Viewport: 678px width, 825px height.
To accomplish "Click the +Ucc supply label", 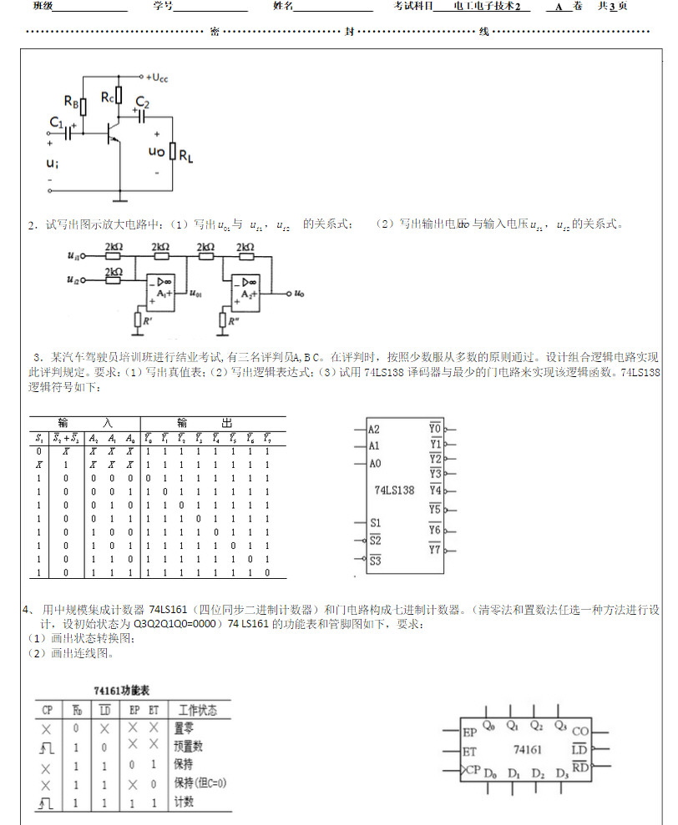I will (x=156, y=77).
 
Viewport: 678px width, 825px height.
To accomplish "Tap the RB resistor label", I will (x=72, y=104).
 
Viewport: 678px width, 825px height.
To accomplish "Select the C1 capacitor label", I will (x=56, y=123).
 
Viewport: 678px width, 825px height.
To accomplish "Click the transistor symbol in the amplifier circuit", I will (x=111, y=134).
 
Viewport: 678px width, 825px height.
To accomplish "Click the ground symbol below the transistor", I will (x=122, y=199).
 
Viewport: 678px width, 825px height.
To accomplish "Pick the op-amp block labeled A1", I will (x=160, y=288).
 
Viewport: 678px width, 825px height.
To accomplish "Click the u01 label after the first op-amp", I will (x=195, y=294).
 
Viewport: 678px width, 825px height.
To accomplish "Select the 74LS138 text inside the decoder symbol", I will (x=395, y=490).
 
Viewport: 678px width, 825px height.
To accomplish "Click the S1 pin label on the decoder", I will (x=375, y=523).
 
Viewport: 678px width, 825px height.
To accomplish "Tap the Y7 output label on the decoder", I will (x=434, y=549).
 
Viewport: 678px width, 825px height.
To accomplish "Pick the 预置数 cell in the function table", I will (x=188, y=746).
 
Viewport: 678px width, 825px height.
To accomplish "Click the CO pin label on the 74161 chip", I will (x=580, y=732).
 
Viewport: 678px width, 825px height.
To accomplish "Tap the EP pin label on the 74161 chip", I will (x=470, y=732).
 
